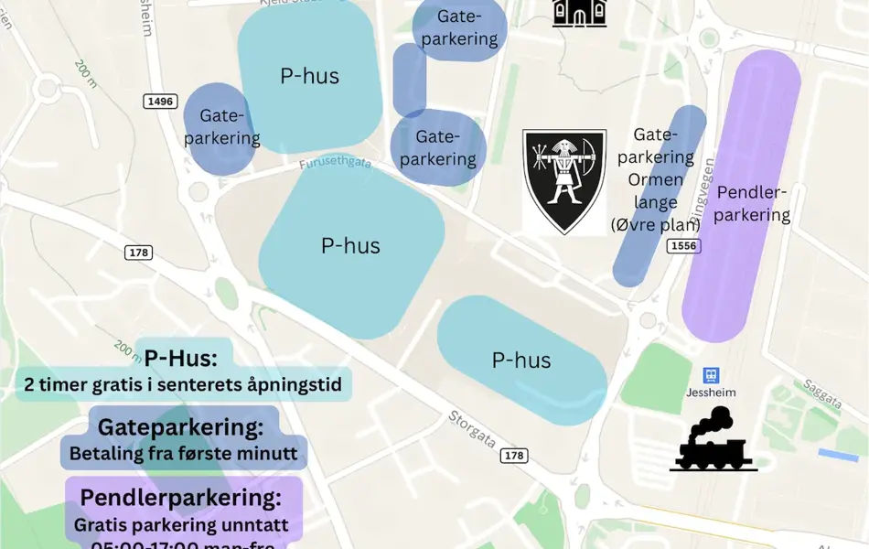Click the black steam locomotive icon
pyautogui.click(x=713, y=440)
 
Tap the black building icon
pyautogui.click(x=579, y=13)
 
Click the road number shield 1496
pyautogui.click(x=159, y=101)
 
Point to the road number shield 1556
pyautogui.click(x=682, y=246)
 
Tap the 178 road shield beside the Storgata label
pyautogui.click(x=515, y=456)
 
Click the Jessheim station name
pyautogui.click(x=711, y=393)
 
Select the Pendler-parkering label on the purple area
pyautogui.click(x=753, y=203)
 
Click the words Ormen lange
pyautogui.click(x=653, y=191)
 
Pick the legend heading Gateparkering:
pyautogui.click(x=180, y=427)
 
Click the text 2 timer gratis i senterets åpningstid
pyautogui.click(x=183, y=385)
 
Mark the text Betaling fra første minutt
pyautogui.click(x=184, y=453)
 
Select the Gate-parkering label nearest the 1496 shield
pyautogui.click(x=222, y=128)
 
